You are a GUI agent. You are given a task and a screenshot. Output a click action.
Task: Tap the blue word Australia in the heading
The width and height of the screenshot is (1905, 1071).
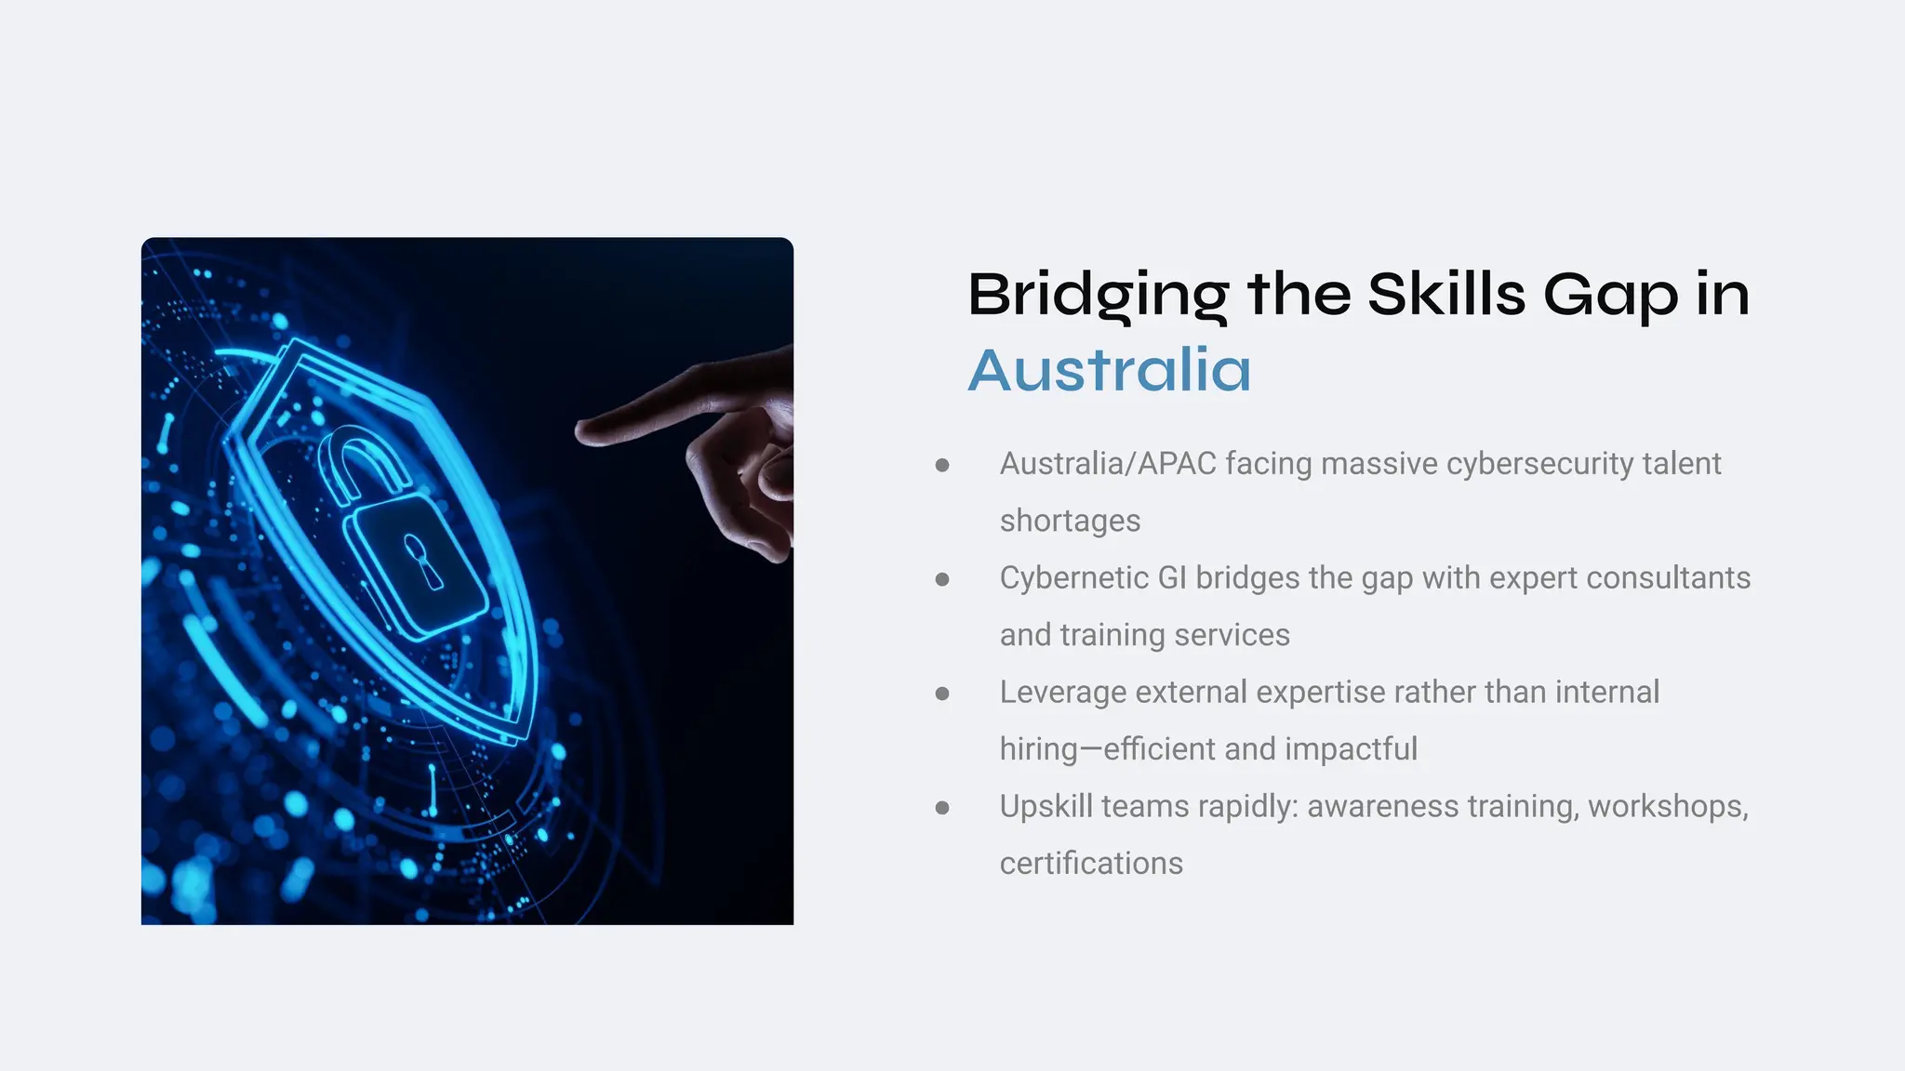[x=1110, y=370]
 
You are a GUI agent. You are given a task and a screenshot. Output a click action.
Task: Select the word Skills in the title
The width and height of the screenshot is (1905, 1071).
[x=1446, y=295]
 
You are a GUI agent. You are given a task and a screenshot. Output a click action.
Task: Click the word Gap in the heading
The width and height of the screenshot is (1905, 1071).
[x=1610, y=296]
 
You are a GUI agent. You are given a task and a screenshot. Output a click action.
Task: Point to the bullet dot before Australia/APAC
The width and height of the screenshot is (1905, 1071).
[x=942, y=465]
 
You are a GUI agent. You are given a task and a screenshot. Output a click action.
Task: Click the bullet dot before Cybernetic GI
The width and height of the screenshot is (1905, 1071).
[x=942, y=579]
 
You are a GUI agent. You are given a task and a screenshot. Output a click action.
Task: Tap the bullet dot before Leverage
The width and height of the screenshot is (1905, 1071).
[x=942, y=694]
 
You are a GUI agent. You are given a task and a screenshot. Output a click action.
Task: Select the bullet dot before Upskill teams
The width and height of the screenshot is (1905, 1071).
[x=942, y=808]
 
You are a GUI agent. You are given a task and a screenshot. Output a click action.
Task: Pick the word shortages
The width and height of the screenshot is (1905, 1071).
[x=1070, y=521]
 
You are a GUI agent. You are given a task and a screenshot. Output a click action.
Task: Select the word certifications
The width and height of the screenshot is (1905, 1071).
[x=1091, y=864]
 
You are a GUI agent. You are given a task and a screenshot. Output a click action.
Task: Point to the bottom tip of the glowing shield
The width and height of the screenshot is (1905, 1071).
[x=516, y=739]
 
